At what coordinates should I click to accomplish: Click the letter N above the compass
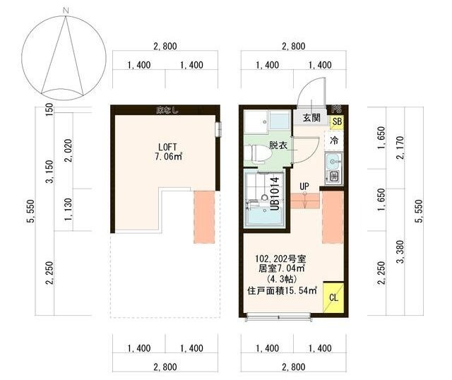coord(65,10)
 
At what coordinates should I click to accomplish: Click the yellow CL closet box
coord(333,297)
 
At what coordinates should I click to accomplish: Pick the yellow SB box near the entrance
coord(337,122)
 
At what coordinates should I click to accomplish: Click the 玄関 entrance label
coord(311,118)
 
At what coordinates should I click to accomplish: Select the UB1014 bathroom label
coord(276,191)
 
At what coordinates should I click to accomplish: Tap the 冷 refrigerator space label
coord(335,140)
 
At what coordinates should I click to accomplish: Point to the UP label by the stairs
coord(304,186)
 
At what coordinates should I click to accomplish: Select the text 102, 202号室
coord(280,259)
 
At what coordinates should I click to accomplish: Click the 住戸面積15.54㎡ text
coord(282,290)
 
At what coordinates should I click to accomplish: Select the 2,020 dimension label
coord(69,149)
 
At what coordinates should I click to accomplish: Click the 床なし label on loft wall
coord(167,109)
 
